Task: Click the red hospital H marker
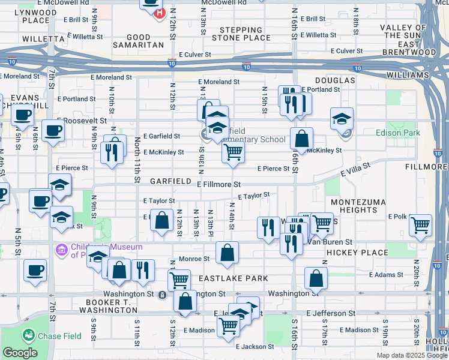159,13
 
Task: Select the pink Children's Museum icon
61,249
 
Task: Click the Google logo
20,353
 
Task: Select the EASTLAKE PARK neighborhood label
225,279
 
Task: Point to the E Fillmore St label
219,184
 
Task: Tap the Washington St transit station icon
162,295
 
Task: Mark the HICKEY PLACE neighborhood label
358,253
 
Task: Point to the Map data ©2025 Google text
411,355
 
